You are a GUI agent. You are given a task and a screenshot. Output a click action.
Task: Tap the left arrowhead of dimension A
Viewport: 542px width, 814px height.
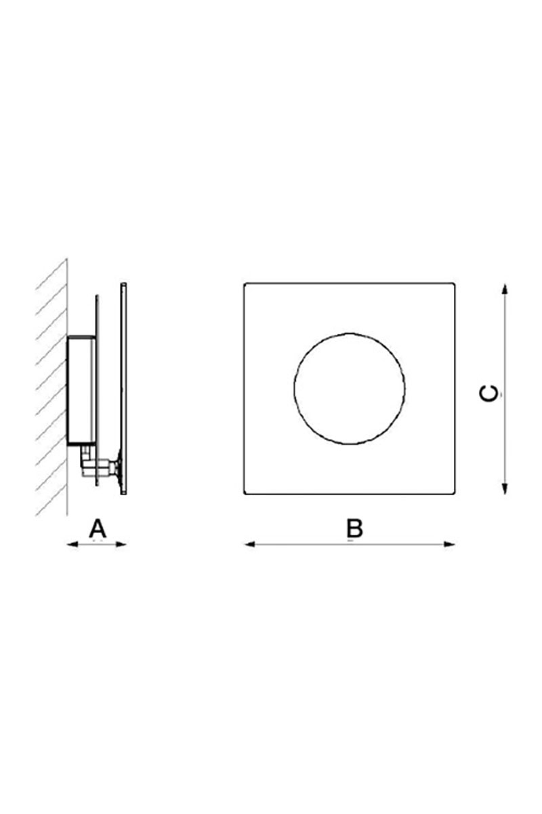pyautogui.click(x=72, y=544)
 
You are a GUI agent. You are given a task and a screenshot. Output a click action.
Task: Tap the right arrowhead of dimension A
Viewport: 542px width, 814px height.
pyautogui.click(x=121, y=544)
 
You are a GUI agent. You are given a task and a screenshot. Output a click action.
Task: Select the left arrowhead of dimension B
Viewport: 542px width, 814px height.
pyautogui.click(x=249, y=544)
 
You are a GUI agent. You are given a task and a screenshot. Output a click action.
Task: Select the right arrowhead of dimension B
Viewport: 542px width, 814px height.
pyautogui.click(x=450, y=544)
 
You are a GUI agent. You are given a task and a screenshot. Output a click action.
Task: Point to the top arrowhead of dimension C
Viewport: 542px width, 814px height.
pyautogui.click(x=504, y=289)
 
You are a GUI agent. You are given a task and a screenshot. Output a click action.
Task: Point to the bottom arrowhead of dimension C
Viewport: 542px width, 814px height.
pyautogui.click(x=504, y=489)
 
